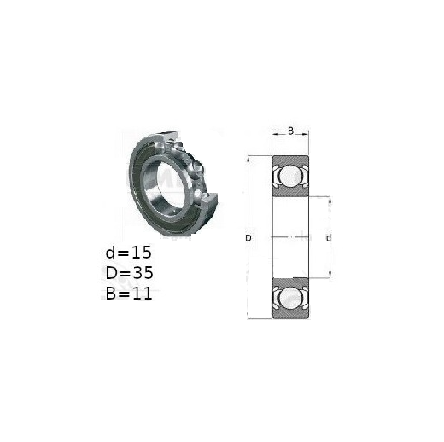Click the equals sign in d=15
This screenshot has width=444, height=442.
123,253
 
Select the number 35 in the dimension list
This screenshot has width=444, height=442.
143,273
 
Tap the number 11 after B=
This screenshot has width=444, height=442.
143,294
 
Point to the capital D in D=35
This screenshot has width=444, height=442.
111,273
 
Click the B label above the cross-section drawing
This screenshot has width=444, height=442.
290,131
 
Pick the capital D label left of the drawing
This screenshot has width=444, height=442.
248,238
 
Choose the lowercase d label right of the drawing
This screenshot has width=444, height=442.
329,238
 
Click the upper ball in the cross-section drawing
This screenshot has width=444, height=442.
290,176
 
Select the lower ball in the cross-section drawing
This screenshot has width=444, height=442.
290,298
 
